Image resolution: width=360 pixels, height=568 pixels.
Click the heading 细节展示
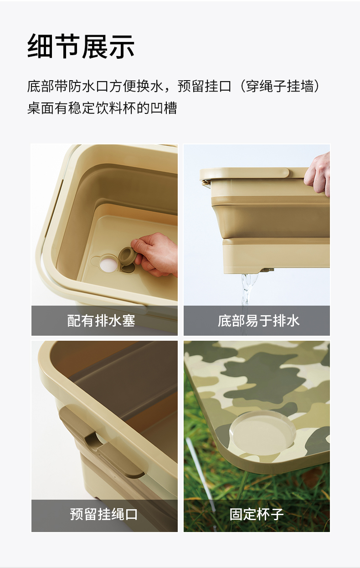click(81, 46)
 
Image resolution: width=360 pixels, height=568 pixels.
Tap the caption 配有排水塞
click(101, 321)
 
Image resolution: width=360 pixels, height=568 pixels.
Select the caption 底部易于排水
click(258, 321)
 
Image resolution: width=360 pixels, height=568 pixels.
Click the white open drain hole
click(108, 265)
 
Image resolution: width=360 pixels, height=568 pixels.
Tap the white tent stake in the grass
click(201, 477)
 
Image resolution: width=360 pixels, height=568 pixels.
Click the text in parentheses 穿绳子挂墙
click(279, 86)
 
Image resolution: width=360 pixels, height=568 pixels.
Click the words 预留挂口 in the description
click(205, 86)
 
